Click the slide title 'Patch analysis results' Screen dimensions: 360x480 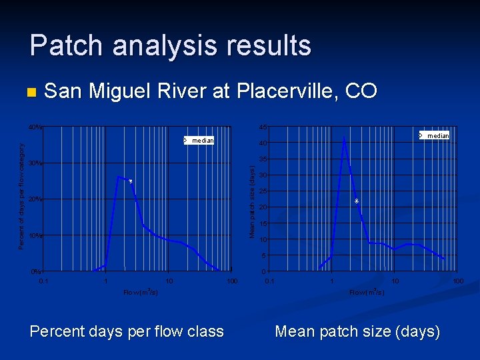click(170, 45)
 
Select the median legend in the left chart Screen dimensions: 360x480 click(199, 141)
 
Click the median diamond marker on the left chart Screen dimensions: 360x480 click(131, 181)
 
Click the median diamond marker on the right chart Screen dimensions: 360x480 click(357, 201)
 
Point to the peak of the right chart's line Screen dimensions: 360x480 click(344, 137)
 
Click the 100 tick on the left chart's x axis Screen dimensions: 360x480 click(231, 281)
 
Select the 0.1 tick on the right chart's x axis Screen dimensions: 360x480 click(268, 281)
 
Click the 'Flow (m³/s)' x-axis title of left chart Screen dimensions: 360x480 click(140, 292)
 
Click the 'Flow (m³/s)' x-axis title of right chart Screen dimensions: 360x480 click(366, 292)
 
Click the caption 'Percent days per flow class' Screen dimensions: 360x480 click(127, 331)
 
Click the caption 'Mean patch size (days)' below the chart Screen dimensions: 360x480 click(357, 331)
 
